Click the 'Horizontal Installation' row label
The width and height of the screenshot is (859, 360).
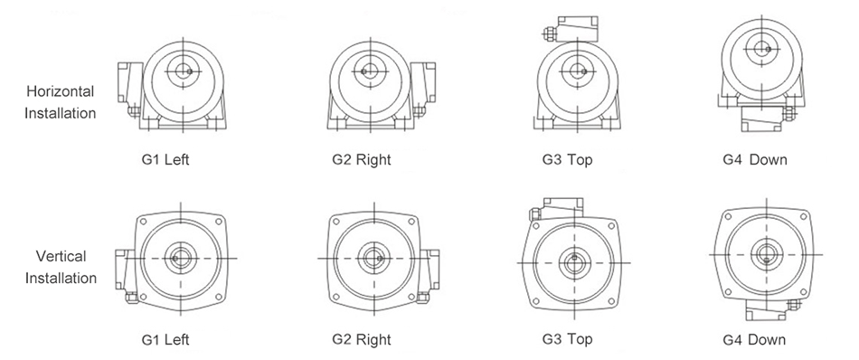pos(61,102)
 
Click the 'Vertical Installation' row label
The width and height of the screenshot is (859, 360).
pos(61,267)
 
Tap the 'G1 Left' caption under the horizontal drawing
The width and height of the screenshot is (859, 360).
pos(165,159)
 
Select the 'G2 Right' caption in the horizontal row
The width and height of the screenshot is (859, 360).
pos(362,159)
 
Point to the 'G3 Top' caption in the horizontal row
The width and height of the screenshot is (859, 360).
pos(567,159)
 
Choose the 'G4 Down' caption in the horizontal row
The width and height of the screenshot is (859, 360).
pos(754,159)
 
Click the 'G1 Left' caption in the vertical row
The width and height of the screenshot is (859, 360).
pos(165,339)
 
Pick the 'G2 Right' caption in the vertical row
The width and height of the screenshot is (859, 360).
pos(362,339)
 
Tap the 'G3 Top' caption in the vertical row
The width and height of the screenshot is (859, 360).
pos(567,339)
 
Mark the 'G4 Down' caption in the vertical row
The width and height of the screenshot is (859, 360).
pos(754,339)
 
